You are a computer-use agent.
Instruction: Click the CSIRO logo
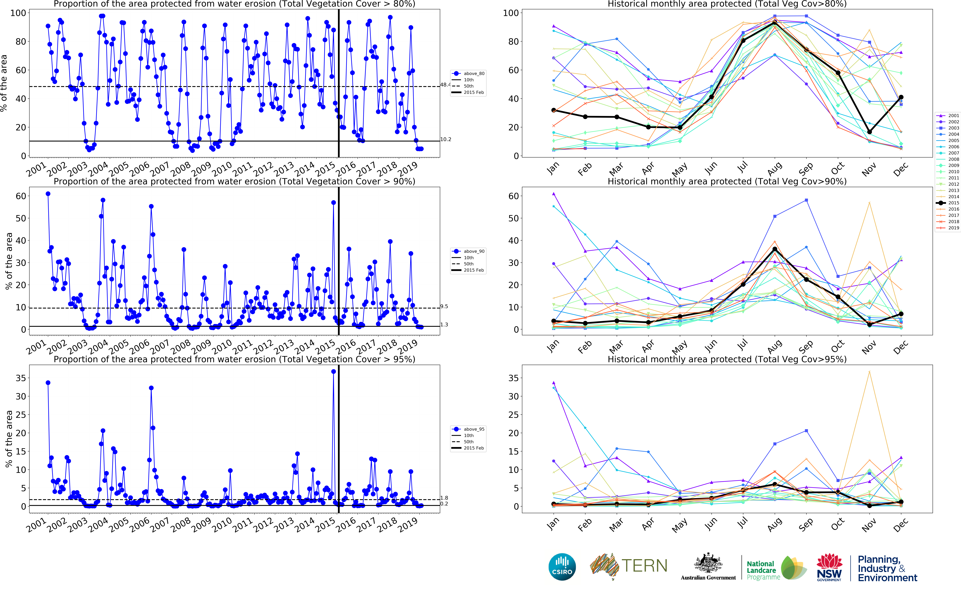coord(562,567)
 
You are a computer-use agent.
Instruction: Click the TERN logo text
coord(644,566)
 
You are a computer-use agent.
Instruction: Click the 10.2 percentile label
coord(445,139)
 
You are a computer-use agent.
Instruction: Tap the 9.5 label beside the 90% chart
coord(444,307)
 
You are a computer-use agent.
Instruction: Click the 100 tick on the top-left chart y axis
coord(18,13)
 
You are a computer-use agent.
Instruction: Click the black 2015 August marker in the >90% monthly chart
coord(775,249)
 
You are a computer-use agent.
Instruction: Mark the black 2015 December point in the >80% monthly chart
coord(901,97)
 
